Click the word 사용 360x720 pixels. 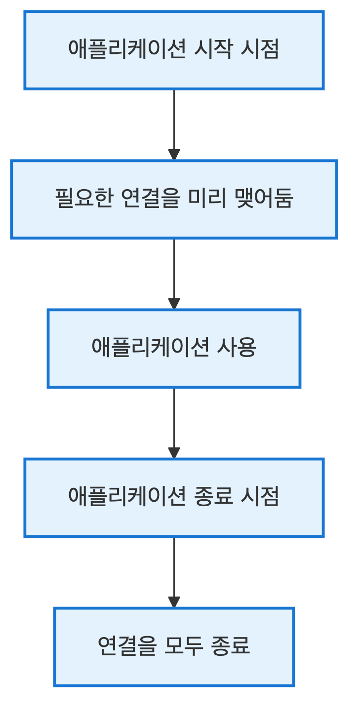coord(237,348)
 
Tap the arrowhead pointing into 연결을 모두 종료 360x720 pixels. coord(174,602)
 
